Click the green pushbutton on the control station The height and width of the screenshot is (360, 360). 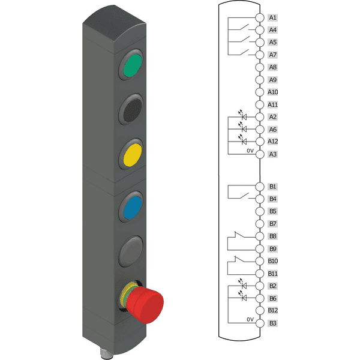(133, 65)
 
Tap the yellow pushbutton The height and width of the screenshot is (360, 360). (133, 155)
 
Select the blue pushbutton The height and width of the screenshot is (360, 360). (133, 208)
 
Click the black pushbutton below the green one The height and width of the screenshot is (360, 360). (133, 110)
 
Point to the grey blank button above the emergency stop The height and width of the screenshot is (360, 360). (131, 251)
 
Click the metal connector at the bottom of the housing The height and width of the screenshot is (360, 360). (104, 353)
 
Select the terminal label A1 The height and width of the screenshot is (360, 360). (272, 17)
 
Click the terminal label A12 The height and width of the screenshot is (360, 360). (273, 141)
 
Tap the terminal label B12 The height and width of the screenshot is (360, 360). (273, 310)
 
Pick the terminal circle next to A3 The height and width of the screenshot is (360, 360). (260, 154)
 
